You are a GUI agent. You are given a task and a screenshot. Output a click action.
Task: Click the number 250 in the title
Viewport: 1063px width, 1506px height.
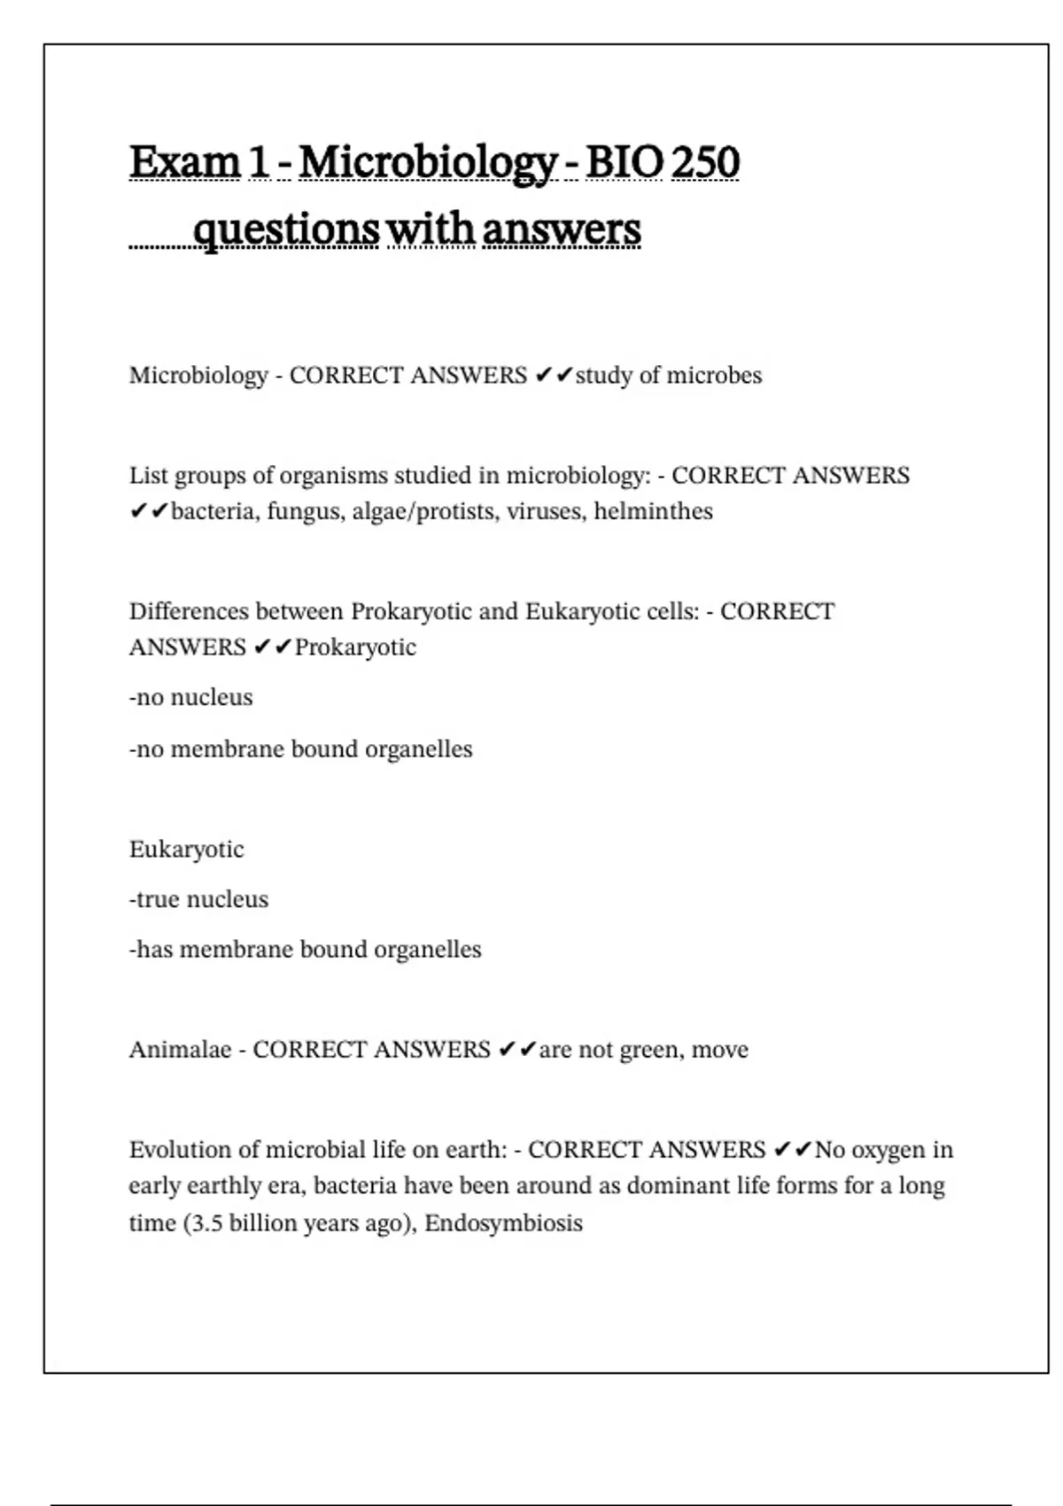tap(705, 162)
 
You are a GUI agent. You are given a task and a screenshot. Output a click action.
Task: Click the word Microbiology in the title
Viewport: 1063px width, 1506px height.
tap(428, 164)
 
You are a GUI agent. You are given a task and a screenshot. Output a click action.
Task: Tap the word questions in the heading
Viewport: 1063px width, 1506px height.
tap(285, 230)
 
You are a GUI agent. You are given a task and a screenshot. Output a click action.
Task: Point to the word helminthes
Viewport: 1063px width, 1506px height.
tap(653, 512)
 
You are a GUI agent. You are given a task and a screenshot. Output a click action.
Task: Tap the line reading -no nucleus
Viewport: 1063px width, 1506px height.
tap(190, 698)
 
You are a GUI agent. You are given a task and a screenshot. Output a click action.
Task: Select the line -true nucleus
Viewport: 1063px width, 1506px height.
tap(198, 900)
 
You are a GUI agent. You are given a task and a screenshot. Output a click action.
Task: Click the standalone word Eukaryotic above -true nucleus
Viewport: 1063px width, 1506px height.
tap(186, 850)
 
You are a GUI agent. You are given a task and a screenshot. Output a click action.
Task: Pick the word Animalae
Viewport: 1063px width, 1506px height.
tap(180, 1050)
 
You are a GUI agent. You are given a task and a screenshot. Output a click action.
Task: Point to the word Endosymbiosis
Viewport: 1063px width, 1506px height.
tap(503, 1223)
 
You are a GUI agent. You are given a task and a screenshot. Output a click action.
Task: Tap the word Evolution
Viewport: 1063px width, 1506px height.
tap(182, 1150)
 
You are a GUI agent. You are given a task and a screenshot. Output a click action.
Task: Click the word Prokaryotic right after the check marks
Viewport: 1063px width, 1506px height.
tap(355, 648)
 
